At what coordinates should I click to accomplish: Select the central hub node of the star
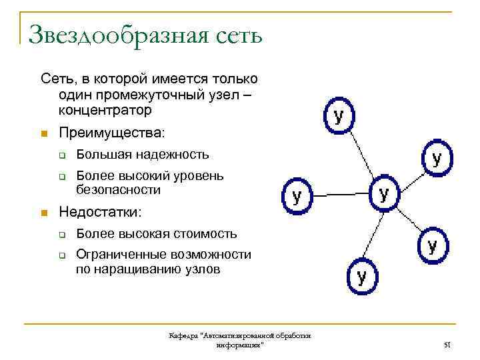[384, 194]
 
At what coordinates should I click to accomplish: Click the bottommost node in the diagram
[361, 276]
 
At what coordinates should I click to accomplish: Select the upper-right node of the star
[437, 158]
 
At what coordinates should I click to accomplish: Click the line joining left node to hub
[340, 195]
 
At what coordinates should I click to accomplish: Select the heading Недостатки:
[100, 212]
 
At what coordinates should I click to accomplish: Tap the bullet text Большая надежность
[143, 155]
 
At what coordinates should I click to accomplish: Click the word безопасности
[119, 190]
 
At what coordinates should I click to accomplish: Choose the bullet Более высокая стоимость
[157, 233]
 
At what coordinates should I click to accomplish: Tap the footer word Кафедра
[183, 337]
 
